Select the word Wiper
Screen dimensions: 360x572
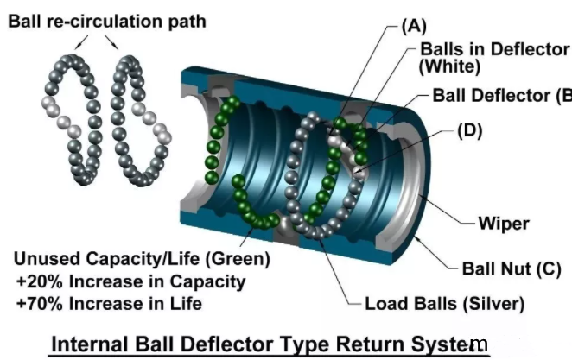[x=504, y=224]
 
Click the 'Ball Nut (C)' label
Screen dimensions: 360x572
[x=518, y=268]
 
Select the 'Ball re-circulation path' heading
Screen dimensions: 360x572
[x=106, y=20]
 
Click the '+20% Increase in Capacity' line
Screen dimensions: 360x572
[x=130, y=281]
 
